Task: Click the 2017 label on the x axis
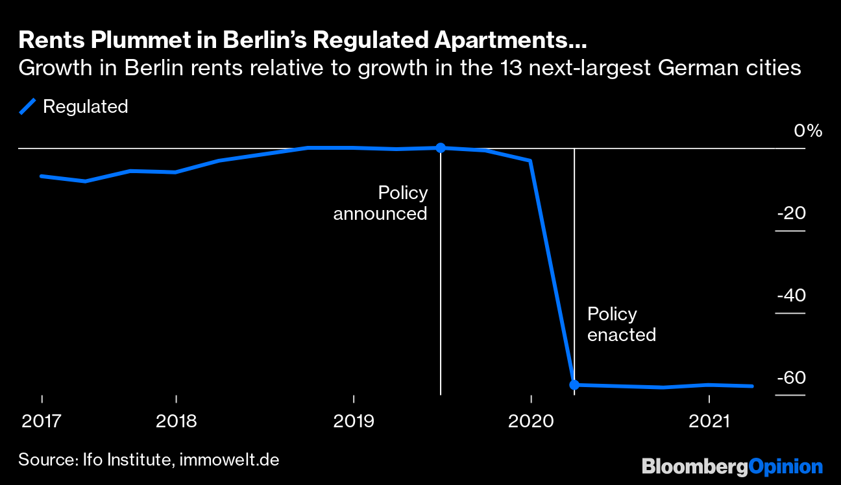(x=42, y=421)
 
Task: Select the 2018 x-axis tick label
(x=177, y=421)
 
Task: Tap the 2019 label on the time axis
(x=354, y=421)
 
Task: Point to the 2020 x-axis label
(x=531, y=421)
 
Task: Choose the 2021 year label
(x=709, y=421)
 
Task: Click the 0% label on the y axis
(x=808, y=132)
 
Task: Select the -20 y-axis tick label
(x=791, y=213)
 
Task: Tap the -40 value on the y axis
(x=791, y=296)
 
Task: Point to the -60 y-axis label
(x=791, y=378)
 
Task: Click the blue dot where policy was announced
(x=440, y=148)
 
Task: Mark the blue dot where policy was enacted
(x=574, y=384)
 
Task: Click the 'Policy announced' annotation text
(x=381, y=203)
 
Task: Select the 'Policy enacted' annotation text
(x=621, y=324)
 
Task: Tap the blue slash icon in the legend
(x=27, y=106)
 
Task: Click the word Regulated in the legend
(x=85, y=106)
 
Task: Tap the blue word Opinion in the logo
(x=786, y=466)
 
